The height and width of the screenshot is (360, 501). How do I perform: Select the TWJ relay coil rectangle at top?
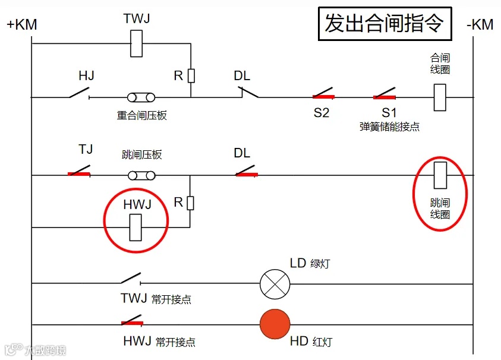tap(136, 43)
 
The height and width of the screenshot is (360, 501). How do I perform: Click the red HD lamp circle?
tap(275, 325)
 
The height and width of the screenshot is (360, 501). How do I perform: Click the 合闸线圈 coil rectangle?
tap(440, 97)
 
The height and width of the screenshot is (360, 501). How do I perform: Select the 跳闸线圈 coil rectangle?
tap(440, 175)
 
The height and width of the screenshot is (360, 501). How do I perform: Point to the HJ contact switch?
tap(80, 94)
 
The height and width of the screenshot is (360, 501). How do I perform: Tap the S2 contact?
tap(323, 94)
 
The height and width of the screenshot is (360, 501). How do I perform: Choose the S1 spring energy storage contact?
tap(385, 94)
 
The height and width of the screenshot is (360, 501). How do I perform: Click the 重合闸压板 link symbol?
tap(141, 97)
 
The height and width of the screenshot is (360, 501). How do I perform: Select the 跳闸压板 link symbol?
tap(142, 175)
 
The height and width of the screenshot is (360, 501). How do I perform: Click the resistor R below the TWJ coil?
tap(191, 75)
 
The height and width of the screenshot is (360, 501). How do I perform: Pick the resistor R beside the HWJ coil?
tap(190, 203)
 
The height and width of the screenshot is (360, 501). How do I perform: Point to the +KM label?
tap(22, 26)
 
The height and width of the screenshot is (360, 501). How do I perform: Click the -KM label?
tap(480, 26)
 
